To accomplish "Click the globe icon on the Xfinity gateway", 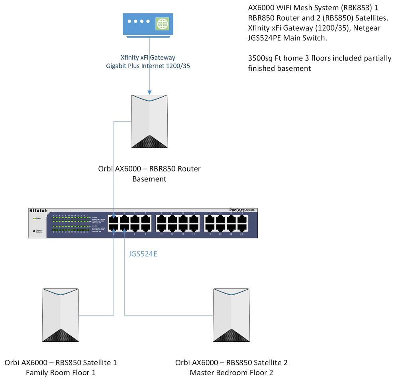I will click(162, 24).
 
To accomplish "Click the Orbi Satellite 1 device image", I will click(61, 315).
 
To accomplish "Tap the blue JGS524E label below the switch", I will click(143, 254).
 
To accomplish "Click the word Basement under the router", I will click(149, 179).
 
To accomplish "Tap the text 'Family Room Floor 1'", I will click(61, 373).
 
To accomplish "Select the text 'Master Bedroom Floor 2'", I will click(231, 373).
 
